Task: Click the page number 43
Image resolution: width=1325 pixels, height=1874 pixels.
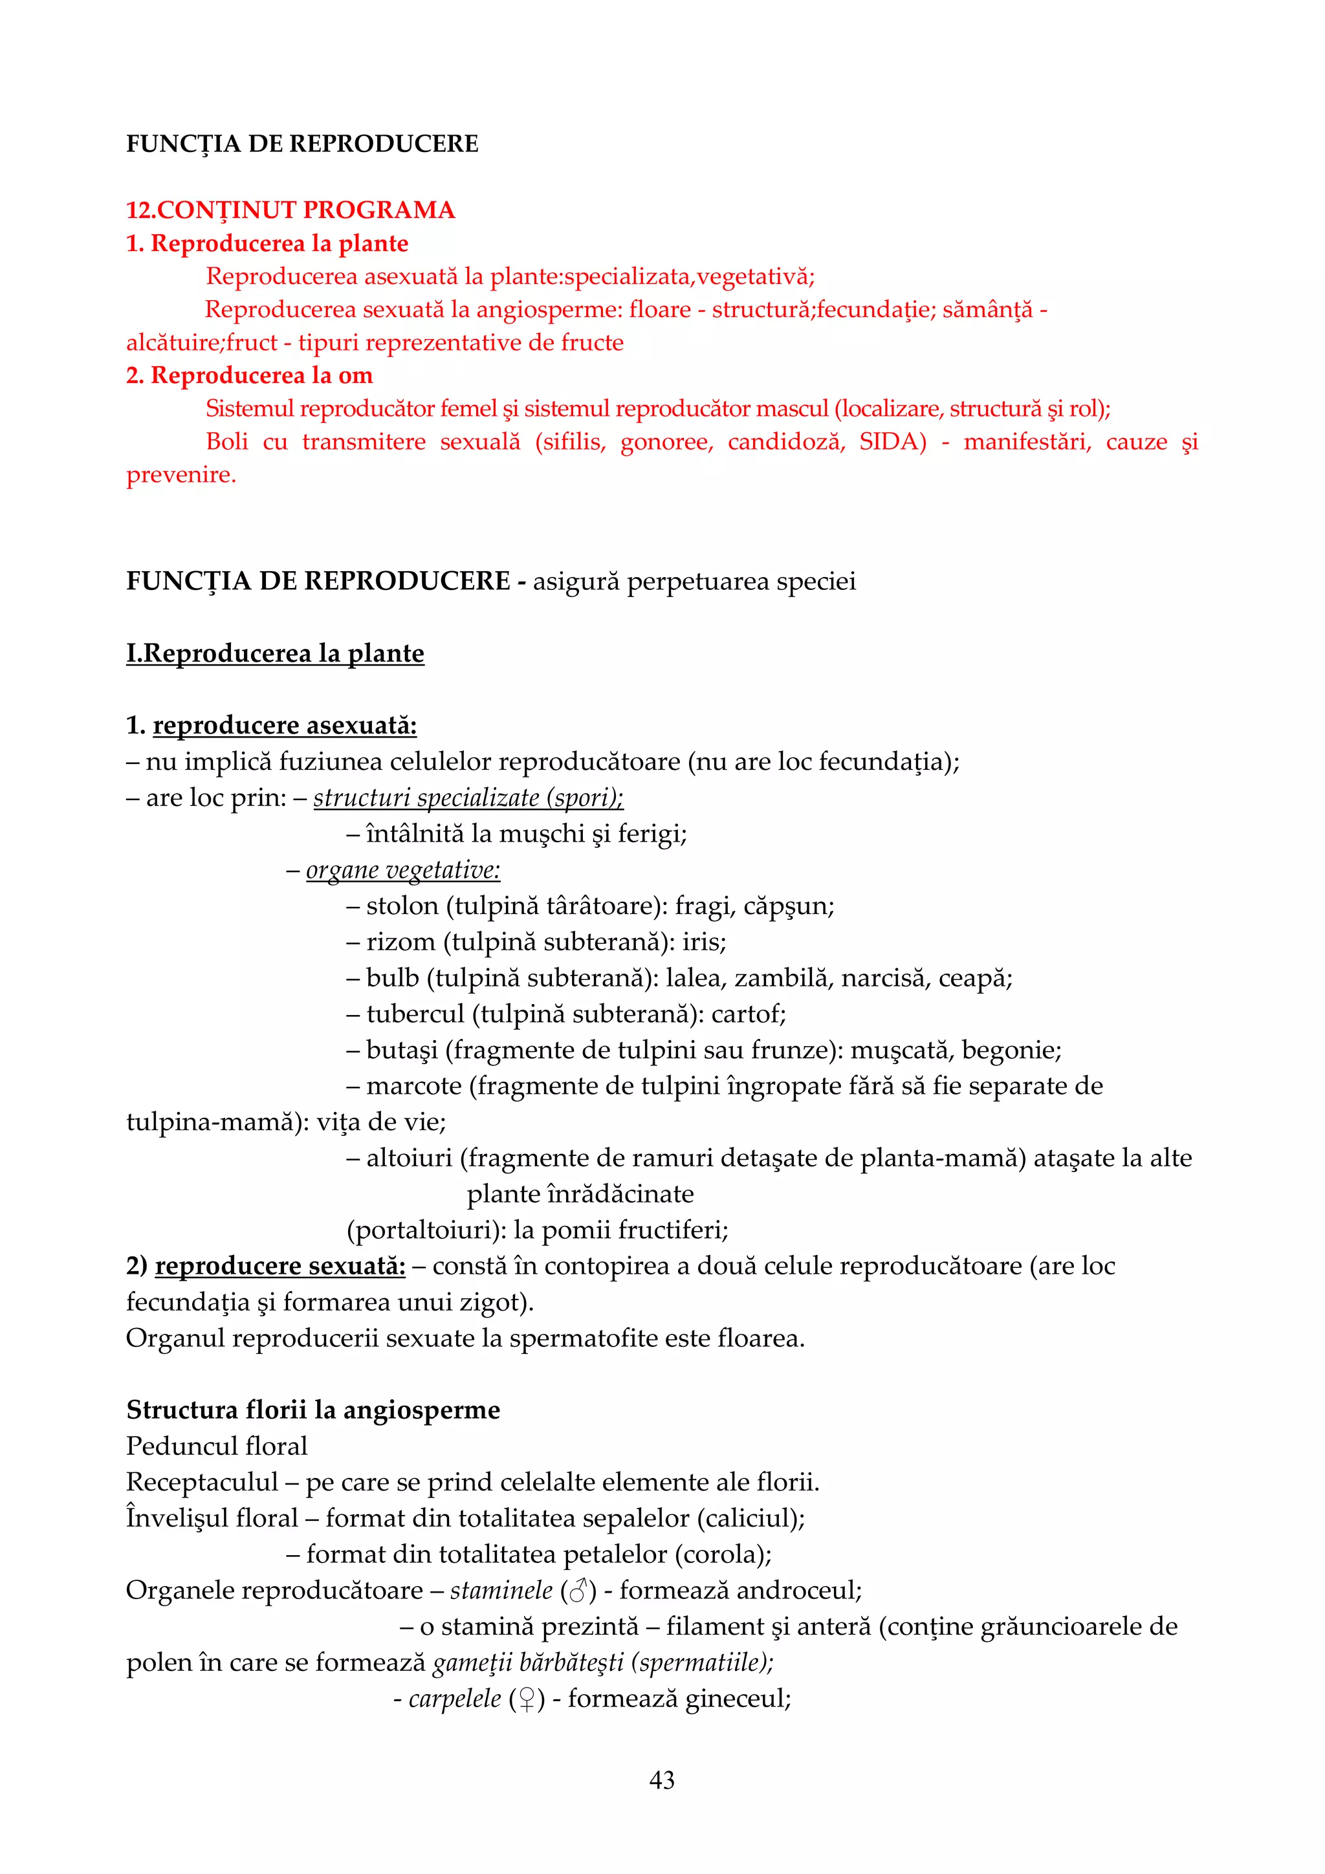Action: click(661, 1780)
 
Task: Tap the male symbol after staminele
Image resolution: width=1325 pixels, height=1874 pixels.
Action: click(578, 1590)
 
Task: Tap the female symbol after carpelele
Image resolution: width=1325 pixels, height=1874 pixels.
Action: click(527, 1699)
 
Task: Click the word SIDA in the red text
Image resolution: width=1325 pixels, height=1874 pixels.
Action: click(892, 442)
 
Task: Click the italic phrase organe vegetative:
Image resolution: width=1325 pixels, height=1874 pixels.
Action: click(402, 870)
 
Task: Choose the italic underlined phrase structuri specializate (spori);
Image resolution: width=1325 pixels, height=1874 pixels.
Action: click(468, 798)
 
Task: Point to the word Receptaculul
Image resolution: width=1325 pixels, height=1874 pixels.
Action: click(203, 1481)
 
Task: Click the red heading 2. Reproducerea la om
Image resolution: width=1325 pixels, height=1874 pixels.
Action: click(249, 375)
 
